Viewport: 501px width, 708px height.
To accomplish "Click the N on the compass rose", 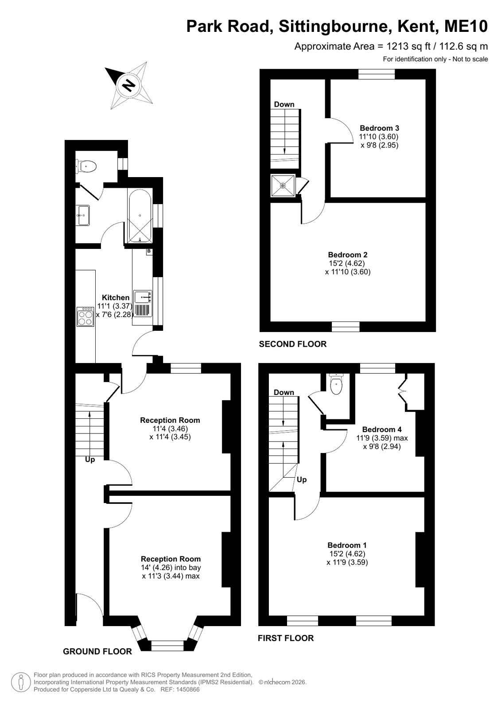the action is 129,85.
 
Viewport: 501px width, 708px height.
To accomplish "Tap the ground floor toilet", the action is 86,166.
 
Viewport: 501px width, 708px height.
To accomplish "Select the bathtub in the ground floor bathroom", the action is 140,216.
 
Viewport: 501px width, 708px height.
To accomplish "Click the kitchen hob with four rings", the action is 85,317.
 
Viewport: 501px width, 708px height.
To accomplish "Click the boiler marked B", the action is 149,252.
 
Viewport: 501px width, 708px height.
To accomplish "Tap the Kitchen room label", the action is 116,298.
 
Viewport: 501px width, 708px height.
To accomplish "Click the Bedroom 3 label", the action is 379,128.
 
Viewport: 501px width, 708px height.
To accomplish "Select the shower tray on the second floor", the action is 283,186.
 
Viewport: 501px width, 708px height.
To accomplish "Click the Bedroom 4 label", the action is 382,429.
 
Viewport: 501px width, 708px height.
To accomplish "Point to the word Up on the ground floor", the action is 90,460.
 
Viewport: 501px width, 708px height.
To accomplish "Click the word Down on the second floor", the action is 284,104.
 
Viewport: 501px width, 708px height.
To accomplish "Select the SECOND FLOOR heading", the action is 292,344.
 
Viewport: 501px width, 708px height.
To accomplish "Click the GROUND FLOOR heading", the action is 97,651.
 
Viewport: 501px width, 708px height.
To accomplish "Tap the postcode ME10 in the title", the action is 466,26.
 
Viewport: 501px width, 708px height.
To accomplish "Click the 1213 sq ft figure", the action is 409,46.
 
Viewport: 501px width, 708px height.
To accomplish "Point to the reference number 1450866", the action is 188,690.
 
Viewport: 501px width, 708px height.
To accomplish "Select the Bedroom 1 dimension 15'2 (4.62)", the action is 347,554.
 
